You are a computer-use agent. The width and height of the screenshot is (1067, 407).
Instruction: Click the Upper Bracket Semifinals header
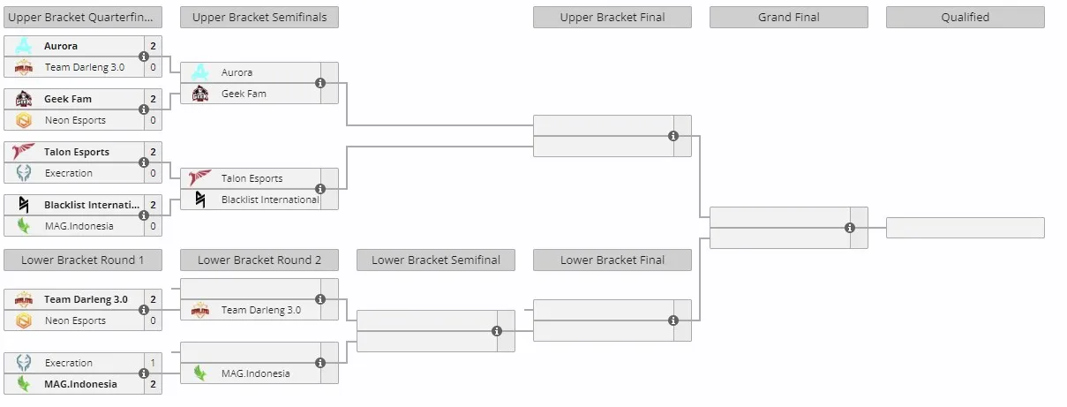pos(259,17)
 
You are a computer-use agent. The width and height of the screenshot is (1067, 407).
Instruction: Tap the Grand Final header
pos(789,17)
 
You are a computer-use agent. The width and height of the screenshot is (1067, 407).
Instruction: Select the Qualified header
pos(965,17)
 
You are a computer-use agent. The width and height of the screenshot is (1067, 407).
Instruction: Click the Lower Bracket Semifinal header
pos(436,260)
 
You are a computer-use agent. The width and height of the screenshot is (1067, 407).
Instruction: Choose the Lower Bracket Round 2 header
pos(259,260)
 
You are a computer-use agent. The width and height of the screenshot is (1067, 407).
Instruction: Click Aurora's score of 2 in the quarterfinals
pos(153,46)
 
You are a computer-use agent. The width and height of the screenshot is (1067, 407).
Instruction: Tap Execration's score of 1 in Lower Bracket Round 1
pos(153,363)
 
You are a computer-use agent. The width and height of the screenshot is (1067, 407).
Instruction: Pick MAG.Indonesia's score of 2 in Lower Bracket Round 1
pos(153,384)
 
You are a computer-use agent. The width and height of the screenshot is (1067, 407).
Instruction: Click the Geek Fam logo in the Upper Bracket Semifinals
pos(200,94)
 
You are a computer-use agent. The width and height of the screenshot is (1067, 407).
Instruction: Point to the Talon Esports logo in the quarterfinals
pos(23,152)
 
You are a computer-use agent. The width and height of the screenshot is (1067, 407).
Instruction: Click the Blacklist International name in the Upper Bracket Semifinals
pos(270,200)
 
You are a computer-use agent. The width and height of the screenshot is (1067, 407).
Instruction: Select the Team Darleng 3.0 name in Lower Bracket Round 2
pos(261,310)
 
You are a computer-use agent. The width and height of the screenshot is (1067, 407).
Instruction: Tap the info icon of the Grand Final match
pos(849,228)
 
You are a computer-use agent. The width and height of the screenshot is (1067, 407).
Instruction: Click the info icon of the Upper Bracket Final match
pos(673,136)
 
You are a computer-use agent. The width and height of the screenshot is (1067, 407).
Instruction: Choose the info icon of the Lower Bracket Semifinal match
pos(497,331)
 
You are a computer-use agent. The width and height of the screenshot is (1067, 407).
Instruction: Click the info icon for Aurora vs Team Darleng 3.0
pos(144,57)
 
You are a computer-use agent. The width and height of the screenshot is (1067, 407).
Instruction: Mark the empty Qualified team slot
pos(965,228)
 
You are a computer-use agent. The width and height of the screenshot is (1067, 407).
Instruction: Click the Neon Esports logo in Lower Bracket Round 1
pos(23,320)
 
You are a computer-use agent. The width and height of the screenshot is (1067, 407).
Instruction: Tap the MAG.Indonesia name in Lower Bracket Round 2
pos(255,373)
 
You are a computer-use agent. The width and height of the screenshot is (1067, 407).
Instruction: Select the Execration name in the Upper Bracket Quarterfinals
pos(69,173)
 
